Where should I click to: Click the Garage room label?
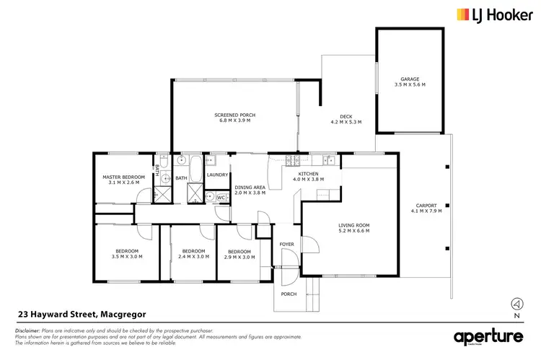410,79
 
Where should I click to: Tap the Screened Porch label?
234,115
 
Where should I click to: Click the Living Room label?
353,227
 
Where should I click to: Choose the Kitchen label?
308,175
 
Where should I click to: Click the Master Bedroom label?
120,177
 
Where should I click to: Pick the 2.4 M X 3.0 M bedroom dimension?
193,257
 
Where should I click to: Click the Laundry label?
217,175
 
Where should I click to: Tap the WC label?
221,196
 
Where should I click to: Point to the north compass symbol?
515,304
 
